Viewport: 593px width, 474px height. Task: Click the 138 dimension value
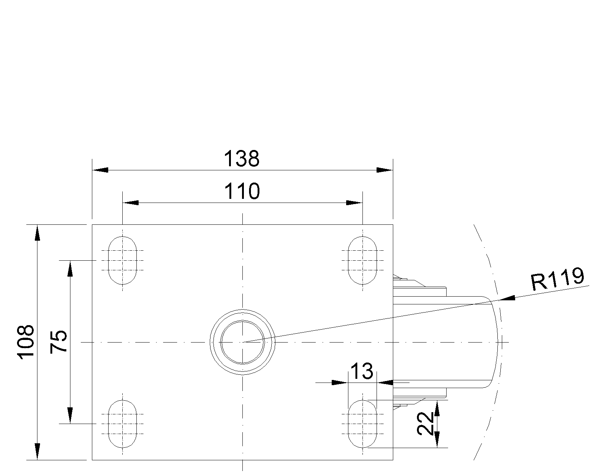click(242, 159)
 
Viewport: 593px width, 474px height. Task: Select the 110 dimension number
click(242, 191)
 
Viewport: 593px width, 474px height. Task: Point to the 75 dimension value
click(59, 341)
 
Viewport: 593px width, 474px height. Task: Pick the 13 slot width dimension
click(362, 371)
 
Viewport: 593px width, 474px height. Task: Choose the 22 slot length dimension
click(425, 424)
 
